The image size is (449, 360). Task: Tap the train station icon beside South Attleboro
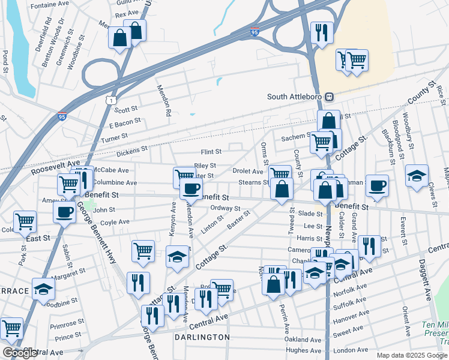(x=329, y=97)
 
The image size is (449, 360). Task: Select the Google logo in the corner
(x=20, y=353)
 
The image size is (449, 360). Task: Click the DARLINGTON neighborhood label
(x=202, y=337)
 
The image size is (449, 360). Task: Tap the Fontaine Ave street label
(x=50, y=4)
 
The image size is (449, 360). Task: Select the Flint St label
(x=211, y=152)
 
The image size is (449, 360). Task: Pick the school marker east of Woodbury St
(x=417, y=176)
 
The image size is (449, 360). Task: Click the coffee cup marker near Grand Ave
(x=377, y=185)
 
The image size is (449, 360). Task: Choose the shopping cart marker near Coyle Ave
(x=25, y=221)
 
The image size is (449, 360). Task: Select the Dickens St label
(x=132, y=150)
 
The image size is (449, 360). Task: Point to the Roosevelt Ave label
(x=55, y=167)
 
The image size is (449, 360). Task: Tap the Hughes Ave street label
(x=304, y=350)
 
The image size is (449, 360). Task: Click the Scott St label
(x=126, y=110)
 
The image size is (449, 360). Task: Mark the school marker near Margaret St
(x=43, y=290)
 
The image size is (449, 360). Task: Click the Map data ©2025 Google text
(x=412, y=355)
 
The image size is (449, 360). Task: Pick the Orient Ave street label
(x=406, y=316)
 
